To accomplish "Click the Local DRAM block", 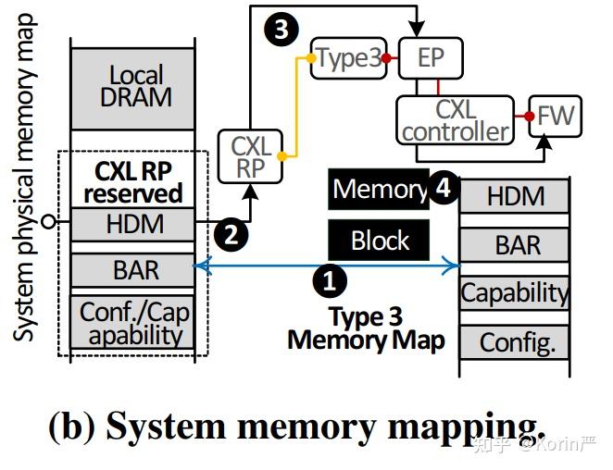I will pos(135,86).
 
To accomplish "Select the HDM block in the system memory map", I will pos(135,224).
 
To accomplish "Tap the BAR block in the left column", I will pos(135,270).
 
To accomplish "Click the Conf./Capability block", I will pos(135,323).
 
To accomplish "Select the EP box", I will pos(430,57).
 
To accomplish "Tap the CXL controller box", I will pos(455,119).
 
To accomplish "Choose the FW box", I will pos(556,117).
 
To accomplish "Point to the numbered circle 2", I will pos(231,233).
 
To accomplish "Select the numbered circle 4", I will pos(443,188).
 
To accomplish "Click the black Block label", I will pos(380,241).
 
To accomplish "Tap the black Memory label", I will pos(378,189).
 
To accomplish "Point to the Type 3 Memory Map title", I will pos(366,328).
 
